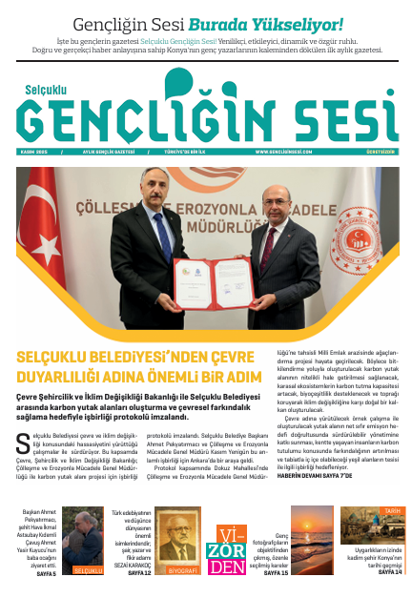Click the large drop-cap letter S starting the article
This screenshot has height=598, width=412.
24,443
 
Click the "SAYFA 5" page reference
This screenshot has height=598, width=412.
46,572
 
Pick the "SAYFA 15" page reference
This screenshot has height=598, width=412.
277,572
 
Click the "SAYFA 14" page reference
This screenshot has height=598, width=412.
390,572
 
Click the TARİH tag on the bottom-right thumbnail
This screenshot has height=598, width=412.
390,511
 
